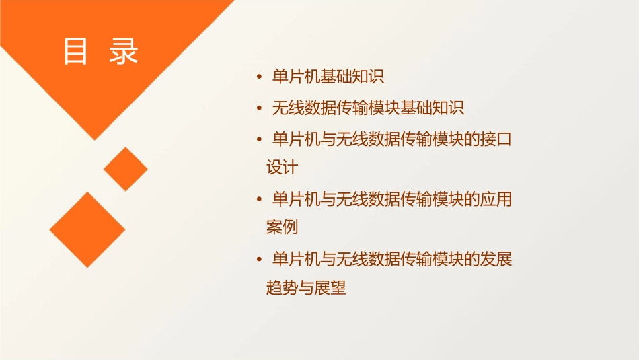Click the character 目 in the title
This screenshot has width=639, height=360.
[x=76, y=51]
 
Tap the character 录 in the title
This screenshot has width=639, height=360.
[x=124, y=51]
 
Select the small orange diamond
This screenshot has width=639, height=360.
[x=125, y=168]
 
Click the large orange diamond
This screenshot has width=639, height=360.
[x=87, y=229]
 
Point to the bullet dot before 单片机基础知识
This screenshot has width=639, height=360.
[x=260, y=77]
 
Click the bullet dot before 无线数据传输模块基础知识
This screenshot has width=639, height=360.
[x=260, y=108]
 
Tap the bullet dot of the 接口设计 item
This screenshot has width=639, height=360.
[x=260, y=139]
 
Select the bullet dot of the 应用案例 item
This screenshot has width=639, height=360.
[x=260, y=199]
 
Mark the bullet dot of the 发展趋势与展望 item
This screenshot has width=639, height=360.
[x=260, y=260]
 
